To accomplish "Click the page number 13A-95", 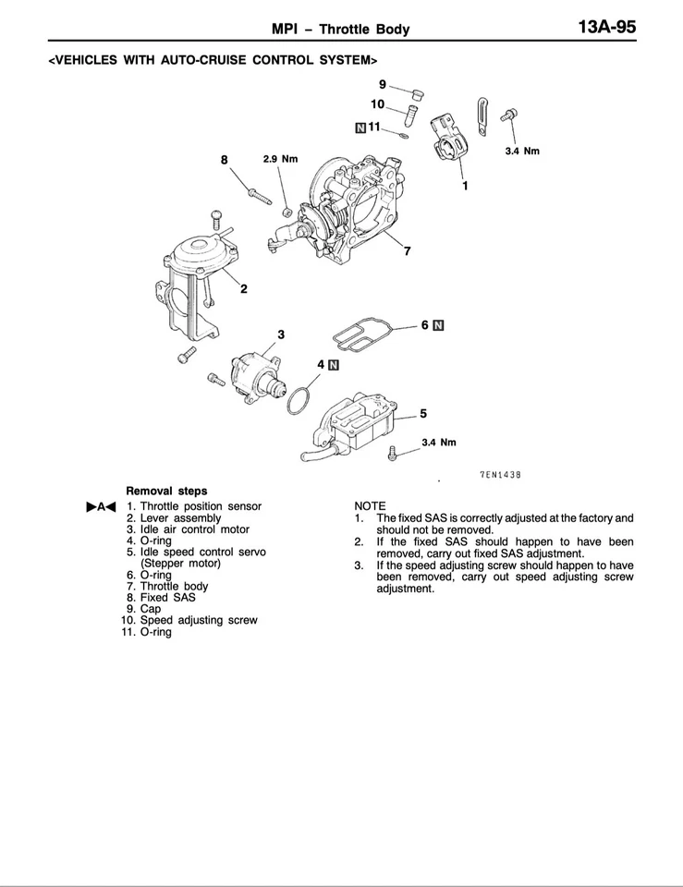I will [x=606, y=28].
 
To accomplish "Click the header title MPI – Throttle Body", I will [x=341, y=30].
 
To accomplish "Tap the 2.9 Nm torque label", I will [x=280, y=159].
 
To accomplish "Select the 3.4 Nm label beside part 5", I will [x=438, y=443].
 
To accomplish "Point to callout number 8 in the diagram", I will [x=224, y=159].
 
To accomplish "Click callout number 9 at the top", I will [x=382, y=84].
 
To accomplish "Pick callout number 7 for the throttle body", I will [x=407, y=251].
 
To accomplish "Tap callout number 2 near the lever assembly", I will [x=244, y=289].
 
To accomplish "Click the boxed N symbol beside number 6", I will [x=438, y=325].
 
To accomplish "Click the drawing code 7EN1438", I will [x=500, y=475].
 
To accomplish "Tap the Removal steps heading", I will [x=166, y=491].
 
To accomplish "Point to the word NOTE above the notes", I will [x=370, y=506].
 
